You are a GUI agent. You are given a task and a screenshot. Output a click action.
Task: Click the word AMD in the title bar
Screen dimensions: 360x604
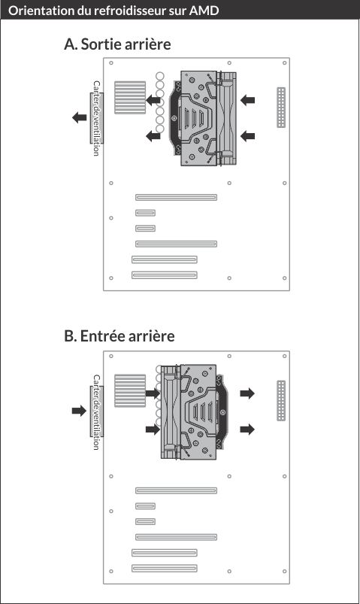tap(204, 10)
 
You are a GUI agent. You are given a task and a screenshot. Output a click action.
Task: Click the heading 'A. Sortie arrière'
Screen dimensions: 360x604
tap(117, 44)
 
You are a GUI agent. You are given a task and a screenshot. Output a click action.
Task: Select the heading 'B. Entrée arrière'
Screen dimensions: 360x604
tap(119, 336)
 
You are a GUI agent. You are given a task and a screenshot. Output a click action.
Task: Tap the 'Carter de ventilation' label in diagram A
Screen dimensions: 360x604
tap(97, 118)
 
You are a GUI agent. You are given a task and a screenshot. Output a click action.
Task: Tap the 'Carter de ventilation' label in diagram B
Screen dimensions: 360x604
tap(97, 411)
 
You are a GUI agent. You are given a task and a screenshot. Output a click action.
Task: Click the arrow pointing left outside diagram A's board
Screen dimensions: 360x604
tap(80, 117)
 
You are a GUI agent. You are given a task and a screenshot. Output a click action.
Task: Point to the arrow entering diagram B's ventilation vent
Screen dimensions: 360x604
tap(80, 411)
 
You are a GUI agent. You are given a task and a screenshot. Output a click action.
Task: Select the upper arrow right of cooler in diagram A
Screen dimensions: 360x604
tap(247, 100)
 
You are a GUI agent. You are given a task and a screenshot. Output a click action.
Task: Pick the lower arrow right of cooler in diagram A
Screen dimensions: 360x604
tap(247, 136)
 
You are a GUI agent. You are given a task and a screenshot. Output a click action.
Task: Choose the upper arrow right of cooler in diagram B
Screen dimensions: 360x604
tap(247, 393)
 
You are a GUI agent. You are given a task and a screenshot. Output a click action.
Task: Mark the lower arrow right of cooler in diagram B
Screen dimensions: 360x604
tap(247, 429)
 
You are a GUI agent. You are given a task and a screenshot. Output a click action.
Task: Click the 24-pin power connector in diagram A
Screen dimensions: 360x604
tap(281, 108)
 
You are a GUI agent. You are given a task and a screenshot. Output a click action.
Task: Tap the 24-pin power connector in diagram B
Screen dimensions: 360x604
tap(281, 401)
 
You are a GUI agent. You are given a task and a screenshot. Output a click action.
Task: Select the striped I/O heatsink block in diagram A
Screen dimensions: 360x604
tap(130, 98)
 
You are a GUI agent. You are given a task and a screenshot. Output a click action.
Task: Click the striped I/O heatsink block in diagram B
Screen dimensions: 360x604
tap(130, 390)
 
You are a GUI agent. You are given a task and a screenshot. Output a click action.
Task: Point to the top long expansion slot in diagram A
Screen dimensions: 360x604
tap(177, 197)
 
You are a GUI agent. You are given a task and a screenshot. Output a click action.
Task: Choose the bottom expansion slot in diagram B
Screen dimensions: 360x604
tap(165, 568)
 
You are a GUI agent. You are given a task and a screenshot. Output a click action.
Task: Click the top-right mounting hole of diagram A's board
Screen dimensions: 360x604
tap(285, 62)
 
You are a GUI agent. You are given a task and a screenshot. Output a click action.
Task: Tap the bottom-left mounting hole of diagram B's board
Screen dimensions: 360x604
tap(111, 571)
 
